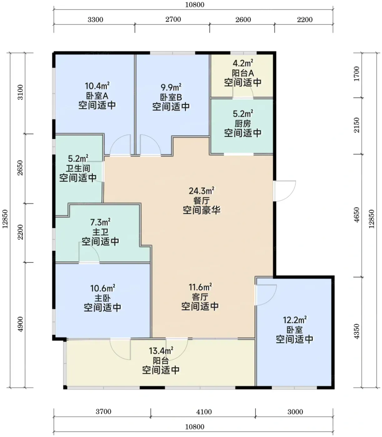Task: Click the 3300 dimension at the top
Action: click(95, 20)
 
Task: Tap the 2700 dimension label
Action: click(173, 19)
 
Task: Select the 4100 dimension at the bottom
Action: click(204, 412)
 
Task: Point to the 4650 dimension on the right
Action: click(357, 215)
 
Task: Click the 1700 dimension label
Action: click(357, 74)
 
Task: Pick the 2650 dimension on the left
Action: click(20, 168)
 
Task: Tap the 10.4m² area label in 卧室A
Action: click(97, 86)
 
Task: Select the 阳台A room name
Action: click(243, 73)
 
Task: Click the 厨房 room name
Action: click(243, 124)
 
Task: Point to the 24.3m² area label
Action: click(201, 191)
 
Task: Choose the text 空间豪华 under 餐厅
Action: click(201, 210)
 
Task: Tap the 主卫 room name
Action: click(100, 232)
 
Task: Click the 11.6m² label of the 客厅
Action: click(200, 287)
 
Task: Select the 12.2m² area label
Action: click(295, 320)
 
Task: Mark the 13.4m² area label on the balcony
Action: click(161, 351)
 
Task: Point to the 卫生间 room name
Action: click(78, 168)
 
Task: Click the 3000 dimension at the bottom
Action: click(295, 412)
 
